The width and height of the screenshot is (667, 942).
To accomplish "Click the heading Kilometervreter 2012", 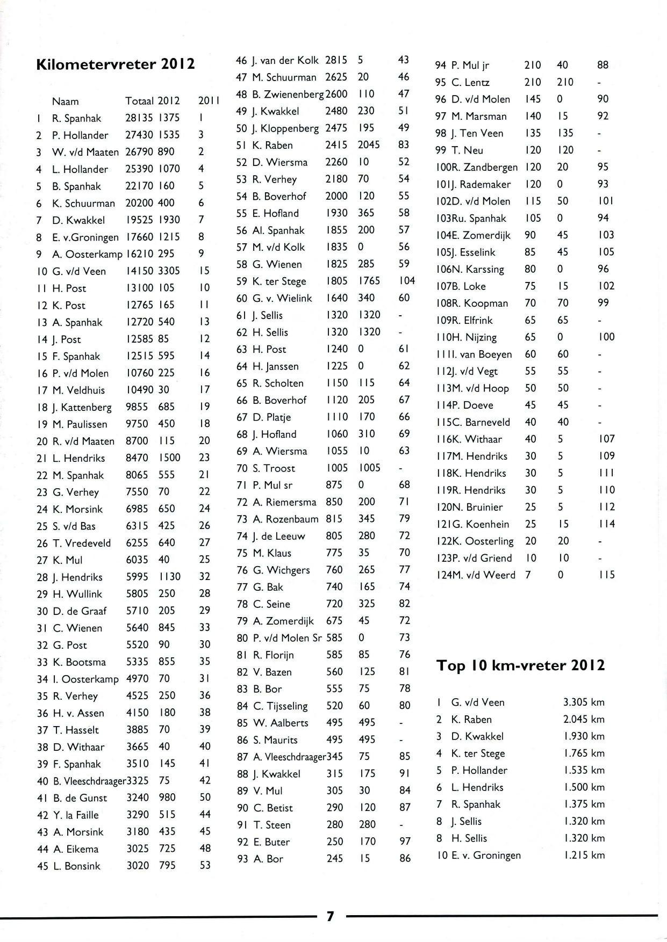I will [x=115, y=65].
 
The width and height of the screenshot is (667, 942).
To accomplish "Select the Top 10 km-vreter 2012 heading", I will [x=520, y=666].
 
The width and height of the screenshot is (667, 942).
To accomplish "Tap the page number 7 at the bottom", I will [x=330, y=916].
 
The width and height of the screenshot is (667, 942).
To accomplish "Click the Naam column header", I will [x=65, y=101].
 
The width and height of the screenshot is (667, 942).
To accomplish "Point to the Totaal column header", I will [x=139, y=101].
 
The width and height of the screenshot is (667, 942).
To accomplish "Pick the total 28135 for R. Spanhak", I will [x=139, y=118].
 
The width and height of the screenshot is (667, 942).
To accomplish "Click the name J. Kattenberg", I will [x=82, y=407].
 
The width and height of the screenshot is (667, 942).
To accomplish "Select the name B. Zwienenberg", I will [x=289, y=95].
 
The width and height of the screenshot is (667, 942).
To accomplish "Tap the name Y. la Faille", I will [x=76, y=815].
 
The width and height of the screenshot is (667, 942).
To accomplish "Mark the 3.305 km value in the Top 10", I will [x=584, y=702].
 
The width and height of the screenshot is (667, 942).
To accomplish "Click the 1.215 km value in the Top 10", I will [x=584, y=856].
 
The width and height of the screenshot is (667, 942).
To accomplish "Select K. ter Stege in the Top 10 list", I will [x=478, y=753].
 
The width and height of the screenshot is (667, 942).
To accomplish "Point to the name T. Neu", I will [x=467, y=150].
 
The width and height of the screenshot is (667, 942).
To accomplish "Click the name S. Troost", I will [x=274, y=468].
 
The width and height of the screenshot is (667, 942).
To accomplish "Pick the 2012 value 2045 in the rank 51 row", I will [x=369, y=145].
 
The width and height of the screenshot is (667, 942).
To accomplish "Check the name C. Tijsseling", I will [x=281, y=706].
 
